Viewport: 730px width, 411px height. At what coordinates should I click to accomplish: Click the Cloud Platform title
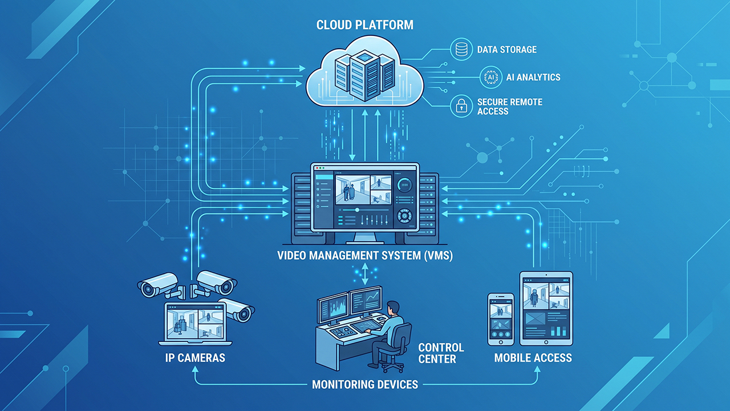[x=364, y=25]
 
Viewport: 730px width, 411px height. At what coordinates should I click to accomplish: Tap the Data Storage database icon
[x=461, y=49]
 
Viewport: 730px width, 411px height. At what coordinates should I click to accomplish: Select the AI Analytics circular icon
[x=491, y=77]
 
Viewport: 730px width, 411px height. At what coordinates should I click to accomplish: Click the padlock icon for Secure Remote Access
[x=461, y=106]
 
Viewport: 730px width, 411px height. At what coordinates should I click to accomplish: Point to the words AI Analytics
[x=533, y=77]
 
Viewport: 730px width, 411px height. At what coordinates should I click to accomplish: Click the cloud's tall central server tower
[x=364, y=75]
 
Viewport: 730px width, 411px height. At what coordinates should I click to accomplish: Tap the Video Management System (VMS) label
[x=365, y=255]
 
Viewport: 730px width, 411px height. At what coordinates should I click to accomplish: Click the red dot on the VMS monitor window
[x=318, y=168]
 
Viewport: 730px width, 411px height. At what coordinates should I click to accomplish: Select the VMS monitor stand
[x=364, y=238]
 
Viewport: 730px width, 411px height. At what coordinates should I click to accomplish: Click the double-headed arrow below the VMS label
[x=365, y=274]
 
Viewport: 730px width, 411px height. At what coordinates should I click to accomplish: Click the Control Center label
[x=441, y=353]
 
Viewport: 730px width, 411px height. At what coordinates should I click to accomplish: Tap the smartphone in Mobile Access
[x=501, y=319]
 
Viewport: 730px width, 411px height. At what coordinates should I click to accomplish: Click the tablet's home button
[x=546, y=342]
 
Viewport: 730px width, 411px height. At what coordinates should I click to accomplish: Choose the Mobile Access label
[x=533, y=358]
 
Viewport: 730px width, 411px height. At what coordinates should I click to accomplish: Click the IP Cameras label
[x=195, y=358]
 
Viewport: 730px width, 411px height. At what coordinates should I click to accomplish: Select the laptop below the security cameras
[x=195, y=324]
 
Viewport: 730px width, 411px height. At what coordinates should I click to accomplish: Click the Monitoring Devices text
[x=365, y=385]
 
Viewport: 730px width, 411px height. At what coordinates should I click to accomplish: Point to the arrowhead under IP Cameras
[x=195, y=369]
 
